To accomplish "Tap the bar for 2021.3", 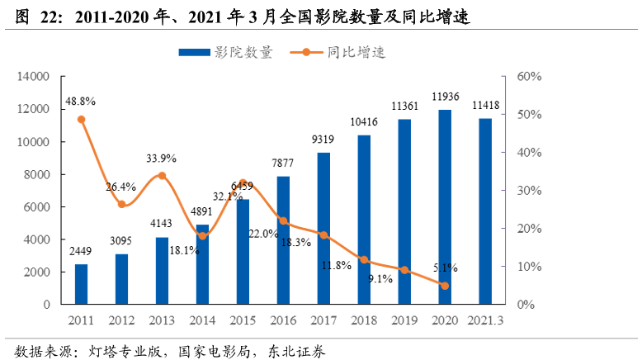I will pos(485,211).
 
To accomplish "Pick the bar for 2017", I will pos(323,228).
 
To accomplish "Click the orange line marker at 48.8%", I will pos(81,119).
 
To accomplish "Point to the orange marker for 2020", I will pos(445,286).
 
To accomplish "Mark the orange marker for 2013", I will pos(162,175).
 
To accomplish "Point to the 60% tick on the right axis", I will pos(529,77).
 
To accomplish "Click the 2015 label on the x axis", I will pos(243,320).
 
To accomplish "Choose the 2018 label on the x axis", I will pos(364,320).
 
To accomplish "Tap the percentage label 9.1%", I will pos(380,279).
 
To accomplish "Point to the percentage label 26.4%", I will pos(120,187).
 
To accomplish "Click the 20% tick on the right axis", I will pos(529,229).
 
